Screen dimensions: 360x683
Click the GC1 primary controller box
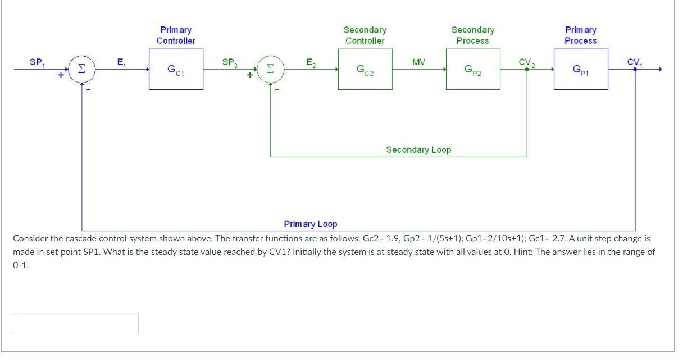coord(176,69)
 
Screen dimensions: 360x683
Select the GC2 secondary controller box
coord(365,69)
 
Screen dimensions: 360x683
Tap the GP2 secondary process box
coord(473,69)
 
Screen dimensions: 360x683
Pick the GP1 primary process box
coord(581,69)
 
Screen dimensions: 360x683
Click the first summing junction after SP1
coord(82,69)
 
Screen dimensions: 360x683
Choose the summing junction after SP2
coord(271,69)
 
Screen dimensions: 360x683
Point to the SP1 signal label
coord(37,62)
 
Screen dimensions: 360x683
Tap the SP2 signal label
coord(230,62)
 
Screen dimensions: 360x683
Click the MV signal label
coord(418,61)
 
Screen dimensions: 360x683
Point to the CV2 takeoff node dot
coord(527,70)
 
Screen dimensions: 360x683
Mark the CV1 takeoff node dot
coord(635,69)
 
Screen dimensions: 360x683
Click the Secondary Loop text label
coord(418,149)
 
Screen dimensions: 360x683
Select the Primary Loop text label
coord(311,224)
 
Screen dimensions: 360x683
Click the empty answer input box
coord(76,323)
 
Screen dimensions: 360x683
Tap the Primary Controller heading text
coord(176,35)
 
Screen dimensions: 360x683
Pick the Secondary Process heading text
coord(473,35)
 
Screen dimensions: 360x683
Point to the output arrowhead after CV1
coord(661,69)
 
